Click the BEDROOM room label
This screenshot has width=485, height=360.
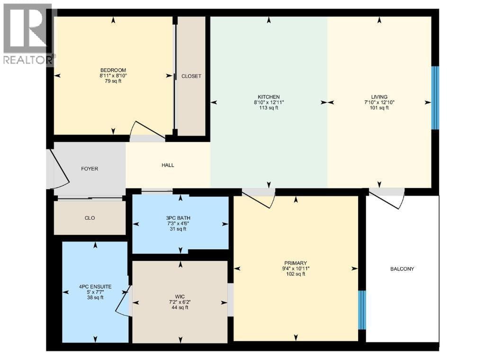click(x=113, y=70)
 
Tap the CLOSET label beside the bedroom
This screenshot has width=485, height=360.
click(x=191, y=76)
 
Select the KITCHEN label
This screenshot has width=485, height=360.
click(x=269, y=97)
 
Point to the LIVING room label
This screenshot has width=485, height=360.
click(x=379, y=97)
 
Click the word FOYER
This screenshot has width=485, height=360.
click(x=90, y=169)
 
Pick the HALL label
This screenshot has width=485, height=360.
click(x=168, y=165)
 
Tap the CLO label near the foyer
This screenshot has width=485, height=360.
click(x=90, y=218)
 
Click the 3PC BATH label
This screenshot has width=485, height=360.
click(x=178, y=218)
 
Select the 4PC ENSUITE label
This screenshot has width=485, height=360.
click(x=95, y=287)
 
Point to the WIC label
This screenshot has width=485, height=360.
click(x=180, y=297)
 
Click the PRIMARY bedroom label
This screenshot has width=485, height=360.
click(x=296, y=263)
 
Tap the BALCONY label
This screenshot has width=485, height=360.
click(x=402, y=269)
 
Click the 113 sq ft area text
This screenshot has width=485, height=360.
click(x=269, y=108)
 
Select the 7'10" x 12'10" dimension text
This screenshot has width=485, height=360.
click(x=379, y=102)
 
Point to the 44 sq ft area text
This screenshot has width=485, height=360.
click(x=180, y=308)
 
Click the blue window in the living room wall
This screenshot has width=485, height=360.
click(x=435, y=98)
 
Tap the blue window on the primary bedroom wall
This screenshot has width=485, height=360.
click(x=362, y=310)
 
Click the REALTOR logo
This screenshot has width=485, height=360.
click(x=28, y=34)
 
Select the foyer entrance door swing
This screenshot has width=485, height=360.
click(x=58, y=169)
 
